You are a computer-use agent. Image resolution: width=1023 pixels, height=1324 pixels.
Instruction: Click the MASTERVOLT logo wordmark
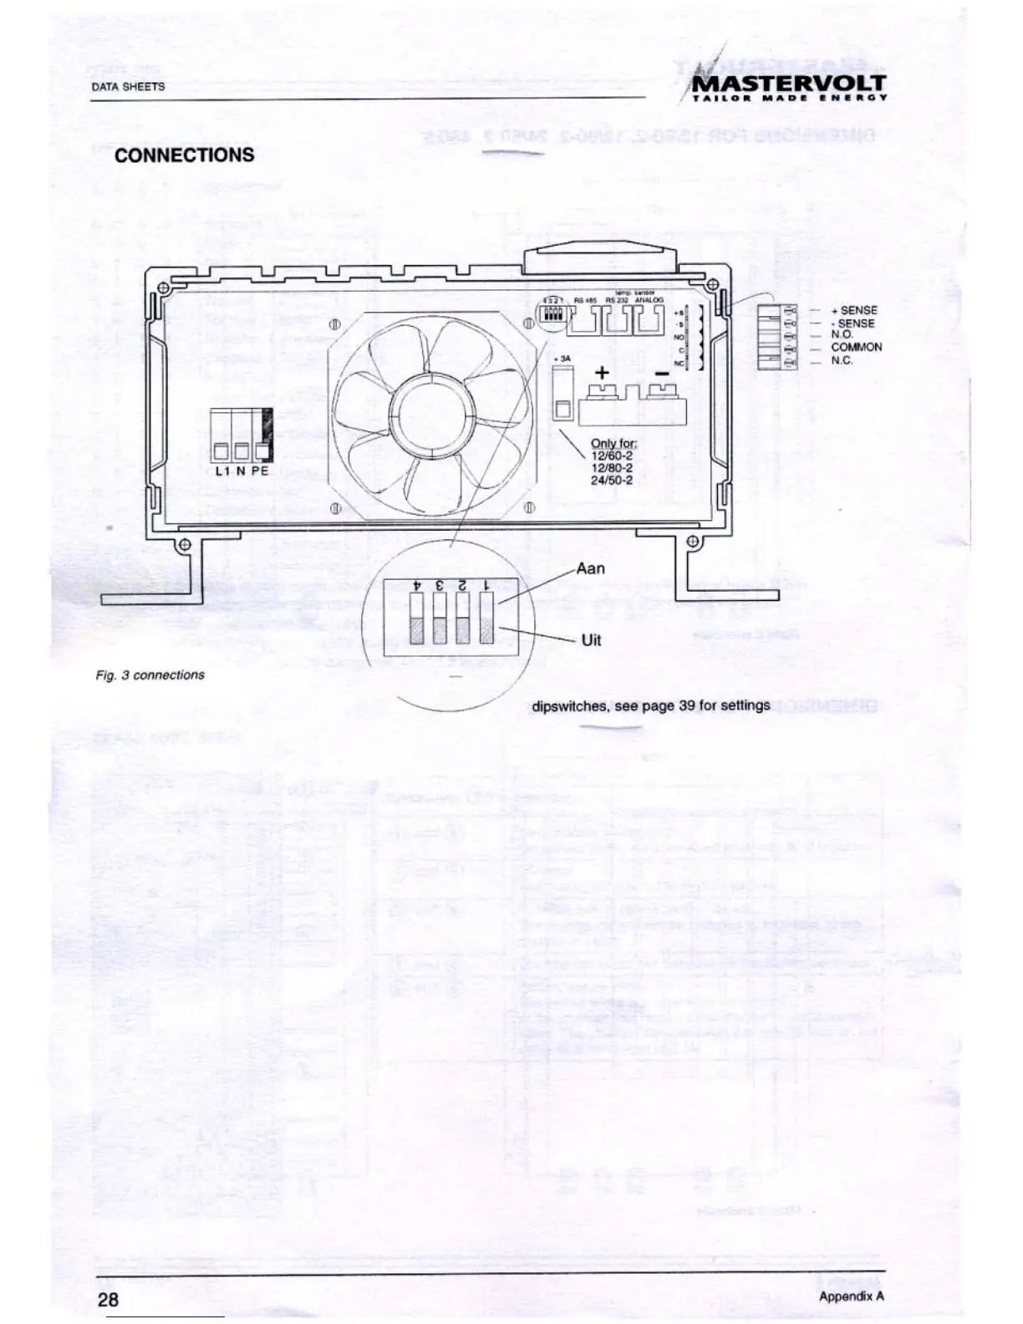790,83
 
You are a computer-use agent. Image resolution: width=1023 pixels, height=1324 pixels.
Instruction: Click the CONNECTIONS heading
184,155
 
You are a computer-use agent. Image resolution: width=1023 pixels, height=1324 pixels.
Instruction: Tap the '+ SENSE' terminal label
854,310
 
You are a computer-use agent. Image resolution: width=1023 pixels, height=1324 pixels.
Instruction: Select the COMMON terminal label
856,347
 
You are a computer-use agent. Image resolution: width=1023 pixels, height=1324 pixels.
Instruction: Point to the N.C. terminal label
842,360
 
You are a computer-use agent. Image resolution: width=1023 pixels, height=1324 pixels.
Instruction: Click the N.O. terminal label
842,334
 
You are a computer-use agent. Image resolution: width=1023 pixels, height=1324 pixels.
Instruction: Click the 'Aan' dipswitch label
590,568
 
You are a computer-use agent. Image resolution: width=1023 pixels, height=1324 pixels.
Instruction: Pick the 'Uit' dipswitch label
591,640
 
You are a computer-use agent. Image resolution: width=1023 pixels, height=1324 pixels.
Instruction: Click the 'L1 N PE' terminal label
242,471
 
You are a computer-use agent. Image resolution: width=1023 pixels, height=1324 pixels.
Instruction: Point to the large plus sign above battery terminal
601,373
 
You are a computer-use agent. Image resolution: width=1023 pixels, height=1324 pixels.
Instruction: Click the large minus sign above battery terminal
661,374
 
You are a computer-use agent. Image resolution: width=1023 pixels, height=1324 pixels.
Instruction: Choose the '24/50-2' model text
611,481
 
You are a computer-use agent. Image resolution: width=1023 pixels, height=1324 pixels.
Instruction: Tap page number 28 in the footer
108,1298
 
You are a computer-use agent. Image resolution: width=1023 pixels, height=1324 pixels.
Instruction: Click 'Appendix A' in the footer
851,1296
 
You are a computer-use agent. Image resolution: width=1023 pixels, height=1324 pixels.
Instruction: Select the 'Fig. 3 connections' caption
150,675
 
